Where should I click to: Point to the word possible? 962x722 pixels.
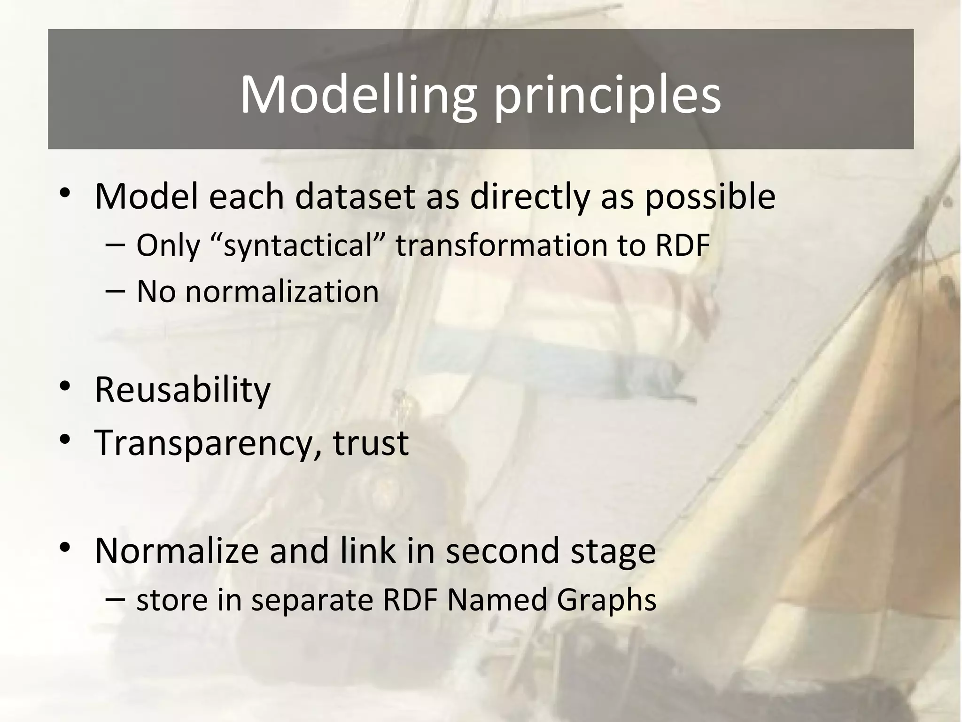point(710,197)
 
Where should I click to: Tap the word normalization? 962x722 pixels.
point(282,292)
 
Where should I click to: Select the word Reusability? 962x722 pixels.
point(183,390)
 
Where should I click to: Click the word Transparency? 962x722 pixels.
point(204,443)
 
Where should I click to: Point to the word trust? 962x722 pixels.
point(371,443)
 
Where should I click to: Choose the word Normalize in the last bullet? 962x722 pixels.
point(177,551)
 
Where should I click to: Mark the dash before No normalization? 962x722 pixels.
point(116,291)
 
